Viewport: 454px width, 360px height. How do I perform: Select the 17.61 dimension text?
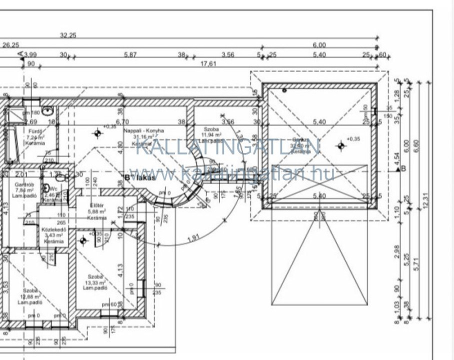[208, 63]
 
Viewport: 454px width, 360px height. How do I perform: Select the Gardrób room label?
[24, 184]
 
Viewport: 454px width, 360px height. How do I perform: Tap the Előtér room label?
[96, 205]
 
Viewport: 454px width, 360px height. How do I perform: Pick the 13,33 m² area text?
[95, 282]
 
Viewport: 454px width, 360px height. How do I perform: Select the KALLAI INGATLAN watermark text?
[227, 146]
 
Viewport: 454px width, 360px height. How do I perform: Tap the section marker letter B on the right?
[403, 168]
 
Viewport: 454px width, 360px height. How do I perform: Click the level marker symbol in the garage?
[341, 146]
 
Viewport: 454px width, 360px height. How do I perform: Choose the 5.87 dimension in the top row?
[130, 54]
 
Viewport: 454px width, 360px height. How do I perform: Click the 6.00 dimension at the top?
[319, 45]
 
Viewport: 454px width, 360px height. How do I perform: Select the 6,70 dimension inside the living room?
[122, 121]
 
